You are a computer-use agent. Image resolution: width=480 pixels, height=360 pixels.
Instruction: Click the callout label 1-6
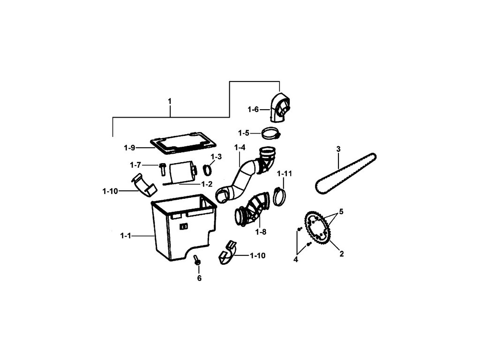coord(253,109)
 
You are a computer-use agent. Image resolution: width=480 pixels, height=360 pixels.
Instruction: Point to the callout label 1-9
coord(130,148)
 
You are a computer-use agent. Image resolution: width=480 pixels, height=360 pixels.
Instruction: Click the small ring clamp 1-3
coord(208,169)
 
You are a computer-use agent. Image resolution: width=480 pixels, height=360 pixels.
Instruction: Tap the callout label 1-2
coord(207,184)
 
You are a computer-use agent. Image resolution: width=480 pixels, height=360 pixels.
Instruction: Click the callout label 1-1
coord(126,236)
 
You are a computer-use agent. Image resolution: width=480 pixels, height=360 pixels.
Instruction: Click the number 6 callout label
coord(199,278)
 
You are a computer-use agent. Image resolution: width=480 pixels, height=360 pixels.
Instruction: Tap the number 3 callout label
coord(338,150)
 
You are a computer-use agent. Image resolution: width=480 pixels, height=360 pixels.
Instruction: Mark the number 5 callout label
coord(341,212)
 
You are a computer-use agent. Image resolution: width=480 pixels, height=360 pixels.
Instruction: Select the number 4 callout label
coord(296,259)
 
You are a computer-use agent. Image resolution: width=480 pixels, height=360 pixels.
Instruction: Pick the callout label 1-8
coord(261,231)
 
